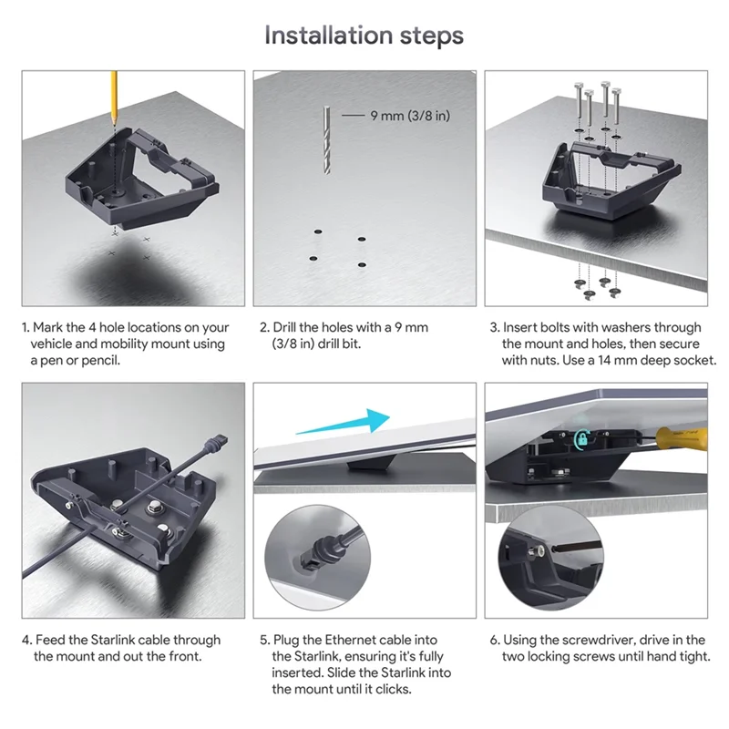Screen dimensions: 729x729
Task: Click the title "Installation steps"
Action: pos(364,36)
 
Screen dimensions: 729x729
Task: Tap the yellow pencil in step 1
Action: pos(115,96)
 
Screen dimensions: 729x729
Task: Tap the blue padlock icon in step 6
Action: pos(580,438)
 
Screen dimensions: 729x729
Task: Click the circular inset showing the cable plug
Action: pos(313,555)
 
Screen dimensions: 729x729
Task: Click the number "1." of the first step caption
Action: pos(26,327)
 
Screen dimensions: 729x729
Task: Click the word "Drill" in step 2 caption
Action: pos(289,327)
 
